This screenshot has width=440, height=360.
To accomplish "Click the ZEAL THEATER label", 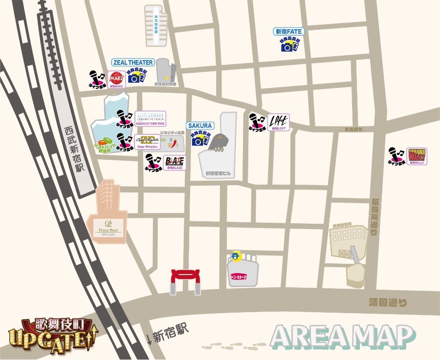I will pos(133,63).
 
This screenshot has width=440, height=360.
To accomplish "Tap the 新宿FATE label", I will pos(289,32).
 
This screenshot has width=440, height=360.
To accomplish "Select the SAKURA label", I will pos(199,126).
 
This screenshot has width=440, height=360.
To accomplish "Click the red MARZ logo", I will pos(116,79).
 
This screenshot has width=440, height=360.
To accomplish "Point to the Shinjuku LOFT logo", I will pos(279,122).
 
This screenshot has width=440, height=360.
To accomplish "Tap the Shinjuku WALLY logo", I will pos(417,157).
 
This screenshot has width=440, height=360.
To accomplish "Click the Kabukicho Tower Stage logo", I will pos(150,119).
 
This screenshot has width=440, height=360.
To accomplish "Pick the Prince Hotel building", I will pos(108,215).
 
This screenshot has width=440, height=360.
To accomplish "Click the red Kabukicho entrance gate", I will pos(185,282).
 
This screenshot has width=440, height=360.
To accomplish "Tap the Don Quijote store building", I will pos(242,270).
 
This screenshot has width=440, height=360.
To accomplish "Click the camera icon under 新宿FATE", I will pos(288,46).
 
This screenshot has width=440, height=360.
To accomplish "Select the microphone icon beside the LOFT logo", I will pos(257,122).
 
